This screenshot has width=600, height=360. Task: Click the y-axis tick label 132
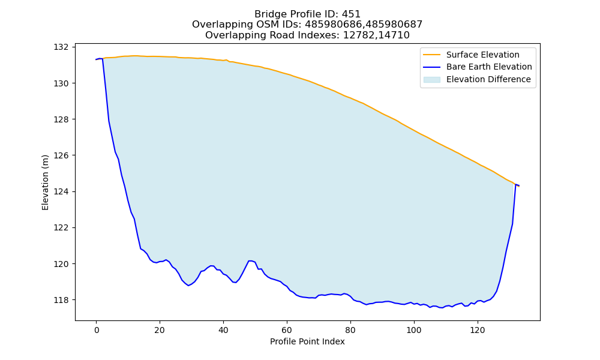point(61,47)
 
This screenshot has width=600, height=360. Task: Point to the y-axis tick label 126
point(61,155)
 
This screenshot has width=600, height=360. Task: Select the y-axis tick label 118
point(61,300)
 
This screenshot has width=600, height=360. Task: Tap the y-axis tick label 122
point(61,227)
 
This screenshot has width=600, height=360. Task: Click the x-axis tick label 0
point(97,330)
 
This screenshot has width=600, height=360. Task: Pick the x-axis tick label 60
point(287,330)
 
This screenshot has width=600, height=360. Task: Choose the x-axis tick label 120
point(477,330)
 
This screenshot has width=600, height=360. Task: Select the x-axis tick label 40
point(223,330)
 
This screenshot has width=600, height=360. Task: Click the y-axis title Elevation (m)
point(46,182)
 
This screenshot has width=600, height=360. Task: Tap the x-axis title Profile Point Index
point(307,341)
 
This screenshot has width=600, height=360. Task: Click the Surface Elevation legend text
point(482,55)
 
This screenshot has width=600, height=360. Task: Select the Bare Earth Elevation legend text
point(489,67)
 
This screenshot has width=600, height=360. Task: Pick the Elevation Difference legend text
point(488,80)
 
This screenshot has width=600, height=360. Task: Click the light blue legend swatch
point(431,80)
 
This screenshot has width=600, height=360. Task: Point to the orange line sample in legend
point(431,55)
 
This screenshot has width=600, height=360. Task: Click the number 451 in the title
point(351,14)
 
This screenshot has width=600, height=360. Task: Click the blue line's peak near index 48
point(250,260)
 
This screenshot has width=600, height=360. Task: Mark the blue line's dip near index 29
point(188,286)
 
